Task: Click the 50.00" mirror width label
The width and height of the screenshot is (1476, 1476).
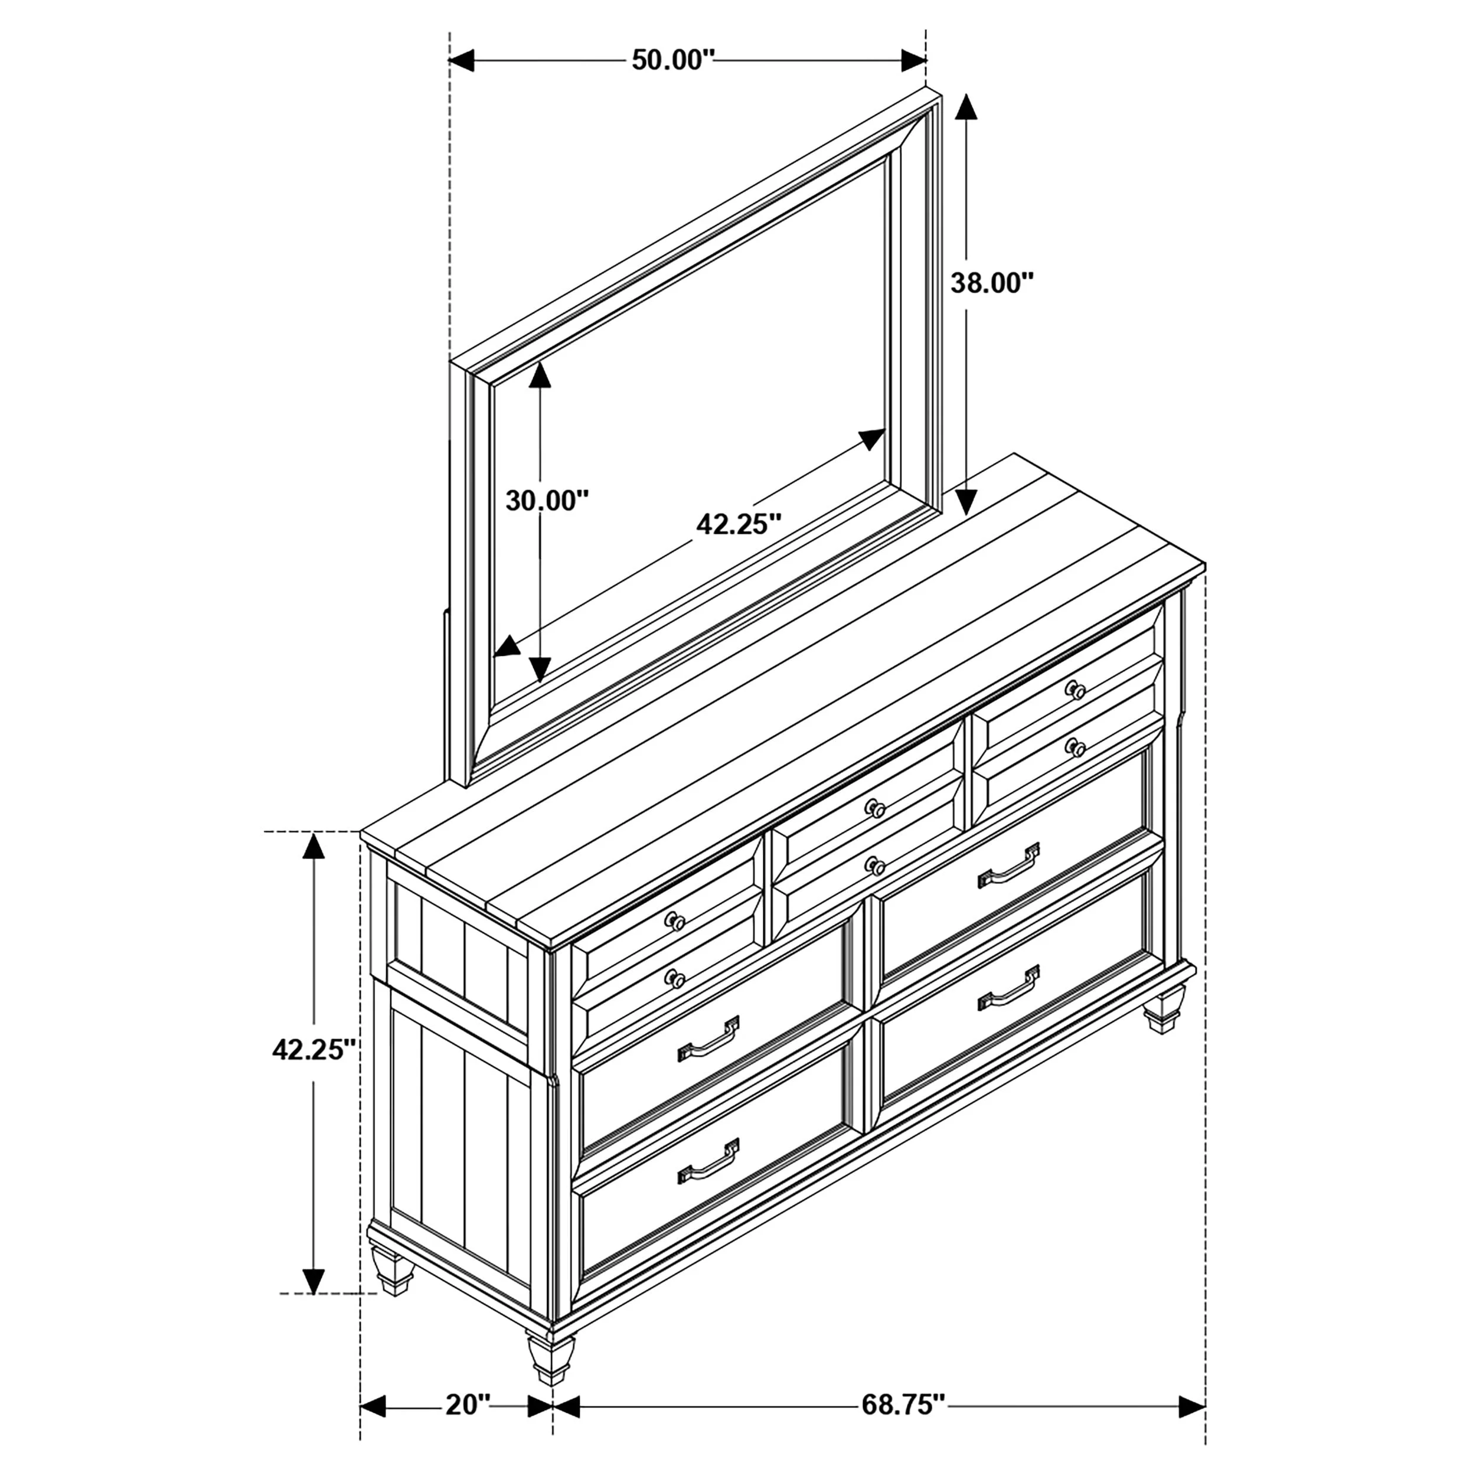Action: coord(672,60)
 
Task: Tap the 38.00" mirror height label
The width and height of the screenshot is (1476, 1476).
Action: coord(992,283)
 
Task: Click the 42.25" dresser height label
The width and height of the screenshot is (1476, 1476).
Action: coord(315,1050)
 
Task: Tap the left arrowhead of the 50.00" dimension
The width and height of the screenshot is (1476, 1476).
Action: coord(462,60)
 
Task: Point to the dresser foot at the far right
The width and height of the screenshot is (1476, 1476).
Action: coord(1164,1011)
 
